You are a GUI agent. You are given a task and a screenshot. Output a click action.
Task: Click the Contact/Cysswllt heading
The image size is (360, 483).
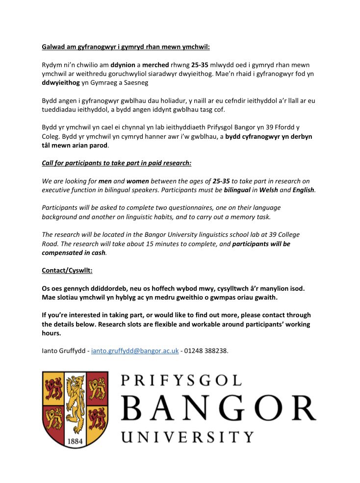pyautogui.click(x=66, y=270)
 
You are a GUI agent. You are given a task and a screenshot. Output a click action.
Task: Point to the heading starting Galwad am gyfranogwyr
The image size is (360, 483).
pyautogui.click(x=125, y=47)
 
